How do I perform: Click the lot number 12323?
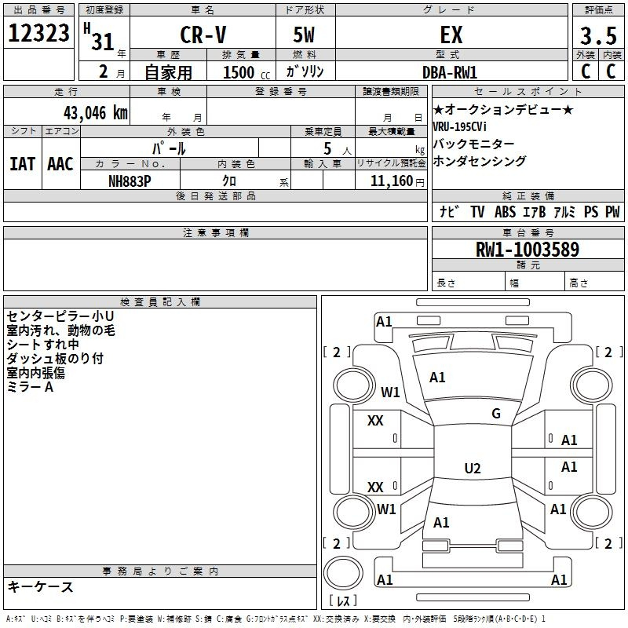38,33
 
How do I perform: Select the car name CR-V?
203,35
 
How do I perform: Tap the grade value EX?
451,35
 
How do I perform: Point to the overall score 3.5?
598,35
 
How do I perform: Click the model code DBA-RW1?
450,72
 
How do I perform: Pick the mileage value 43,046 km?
96,113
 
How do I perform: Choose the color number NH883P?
130,181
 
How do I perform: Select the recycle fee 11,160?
392,181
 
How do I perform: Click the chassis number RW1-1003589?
528,250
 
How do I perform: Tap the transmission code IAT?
22,164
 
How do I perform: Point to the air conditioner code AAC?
60,164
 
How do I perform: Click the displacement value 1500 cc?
246,72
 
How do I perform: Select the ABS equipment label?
505,212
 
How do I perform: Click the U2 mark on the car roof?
473,468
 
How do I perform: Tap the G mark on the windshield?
496,414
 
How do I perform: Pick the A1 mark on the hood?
437,378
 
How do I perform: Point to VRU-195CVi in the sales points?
459,126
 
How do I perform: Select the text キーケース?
41,586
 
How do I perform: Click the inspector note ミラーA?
30,387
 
